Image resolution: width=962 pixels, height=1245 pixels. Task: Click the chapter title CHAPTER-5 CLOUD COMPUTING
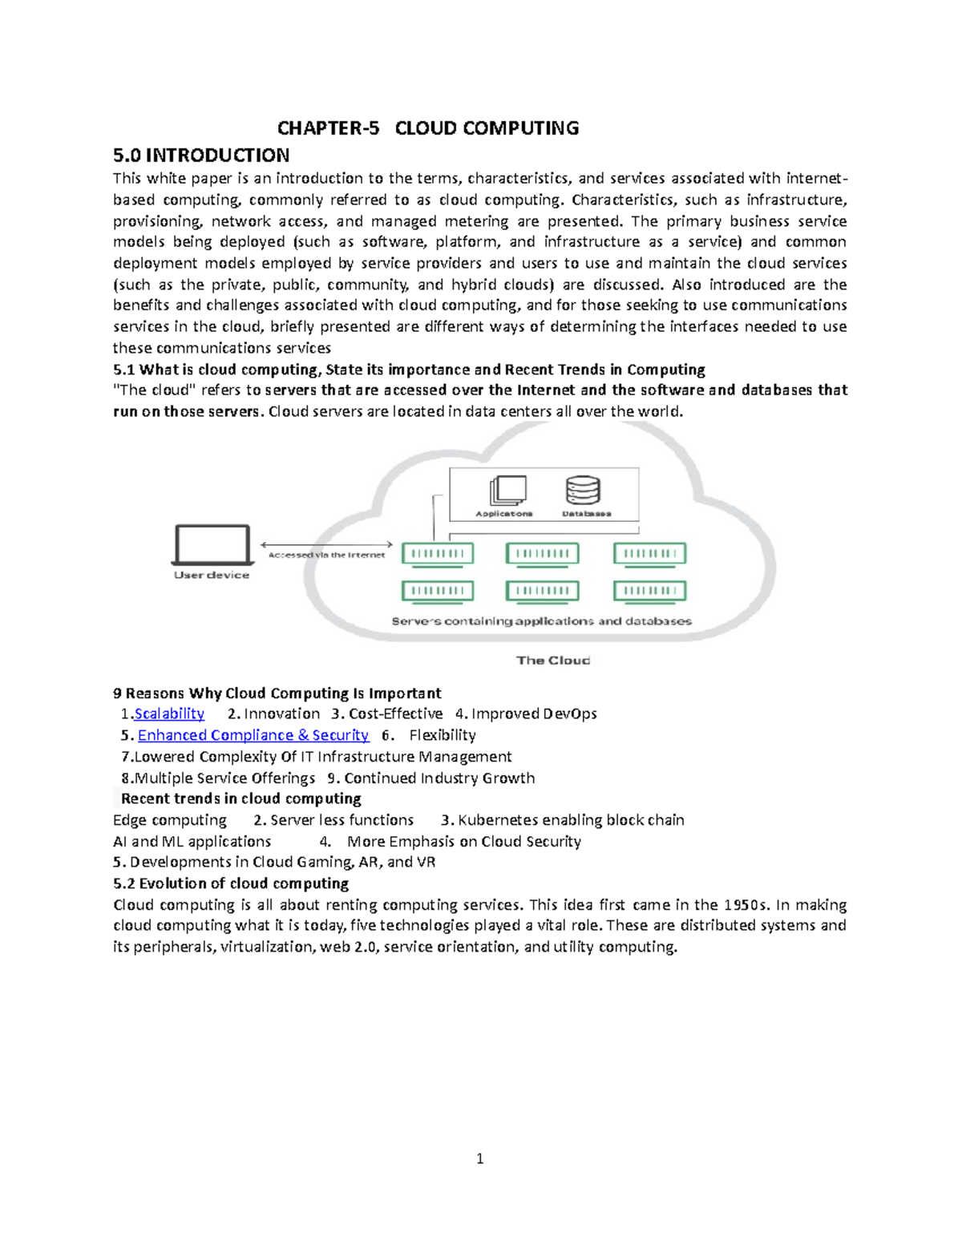[x=427, y=128]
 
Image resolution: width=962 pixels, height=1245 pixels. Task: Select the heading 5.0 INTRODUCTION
[x=201, y=156]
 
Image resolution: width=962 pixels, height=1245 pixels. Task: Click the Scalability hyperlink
[x=169, y=713]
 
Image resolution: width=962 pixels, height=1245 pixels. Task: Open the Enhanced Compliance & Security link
[x=253, y=735]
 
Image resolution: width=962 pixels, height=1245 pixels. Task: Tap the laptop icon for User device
[x=212, y=545]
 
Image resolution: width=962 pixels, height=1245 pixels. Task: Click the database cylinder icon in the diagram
[x=583, y=490]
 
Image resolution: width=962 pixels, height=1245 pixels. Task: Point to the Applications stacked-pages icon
[x=507, y=490]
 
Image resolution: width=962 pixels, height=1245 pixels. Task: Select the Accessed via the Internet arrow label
[x=326, y=555]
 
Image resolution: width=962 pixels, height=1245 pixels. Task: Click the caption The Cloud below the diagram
[x=553, y=661]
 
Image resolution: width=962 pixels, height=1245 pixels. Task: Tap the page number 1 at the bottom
[x=479, y=1158]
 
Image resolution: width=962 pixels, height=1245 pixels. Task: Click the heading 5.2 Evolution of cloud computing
[x=231, y=883]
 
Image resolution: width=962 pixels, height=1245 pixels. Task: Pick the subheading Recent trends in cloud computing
[x=240, y=798]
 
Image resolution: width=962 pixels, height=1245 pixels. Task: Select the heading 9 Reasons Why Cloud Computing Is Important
[x=277, y=693]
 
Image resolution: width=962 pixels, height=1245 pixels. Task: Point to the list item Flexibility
[x=443, y=735]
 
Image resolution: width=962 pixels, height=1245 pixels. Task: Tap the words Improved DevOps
[x=534, y=713]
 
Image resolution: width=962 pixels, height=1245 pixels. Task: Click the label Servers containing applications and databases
[x=541, y=621]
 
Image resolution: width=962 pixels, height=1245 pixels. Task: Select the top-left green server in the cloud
[x=438, y=553]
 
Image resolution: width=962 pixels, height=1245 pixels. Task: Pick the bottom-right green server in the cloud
[x=650, y=591]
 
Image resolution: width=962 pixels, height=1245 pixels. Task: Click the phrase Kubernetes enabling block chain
[x=571, y=820]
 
